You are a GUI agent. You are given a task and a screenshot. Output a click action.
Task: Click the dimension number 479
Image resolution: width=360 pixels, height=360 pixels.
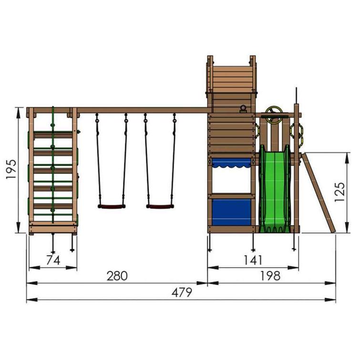click(181, 292)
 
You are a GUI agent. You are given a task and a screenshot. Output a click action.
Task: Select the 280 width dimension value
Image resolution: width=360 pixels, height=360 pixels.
click(117, 276)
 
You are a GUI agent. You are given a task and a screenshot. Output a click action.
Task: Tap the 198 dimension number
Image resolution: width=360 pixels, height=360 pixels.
click(270, 276)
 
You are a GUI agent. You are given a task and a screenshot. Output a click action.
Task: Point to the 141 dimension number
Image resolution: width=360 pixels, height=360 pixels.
click(252, 260)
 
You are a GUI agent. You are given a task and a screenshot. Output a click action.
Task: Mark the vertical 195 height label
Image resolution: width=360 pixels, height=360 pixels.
click(10, 169)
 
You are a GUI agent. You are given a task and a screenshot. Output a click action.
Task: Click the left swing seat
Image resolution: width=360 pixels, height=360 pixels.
click(112, 206)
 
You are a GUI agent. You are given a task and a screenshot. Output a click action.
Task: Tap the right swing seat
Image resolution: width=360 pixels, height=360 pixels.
click(159, 206)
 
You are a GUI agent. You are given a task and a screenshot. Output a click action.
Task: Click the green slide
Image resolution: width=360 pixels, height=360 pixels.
click(274, 191)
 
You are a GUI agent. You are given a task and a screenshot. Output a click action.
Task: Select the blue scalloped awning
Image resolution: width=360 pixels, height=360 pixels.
click(231, 164)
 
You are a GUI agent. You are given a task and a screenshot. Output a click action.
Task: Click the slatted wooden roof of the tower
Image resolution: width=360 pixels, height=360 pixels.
click(231, 79)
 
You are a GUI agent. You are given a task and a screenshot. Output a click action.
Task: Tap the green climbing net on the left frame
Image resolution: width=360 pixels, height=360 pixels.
click(53, 167)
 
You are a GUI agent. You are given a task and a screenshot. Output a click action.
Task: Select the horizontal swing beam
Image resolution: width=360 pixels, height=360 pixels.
click(143, 110)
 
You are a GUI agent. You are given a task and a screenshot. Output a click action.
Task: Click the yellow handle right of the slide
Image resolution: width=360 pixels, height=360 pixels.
click(301, 131)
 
